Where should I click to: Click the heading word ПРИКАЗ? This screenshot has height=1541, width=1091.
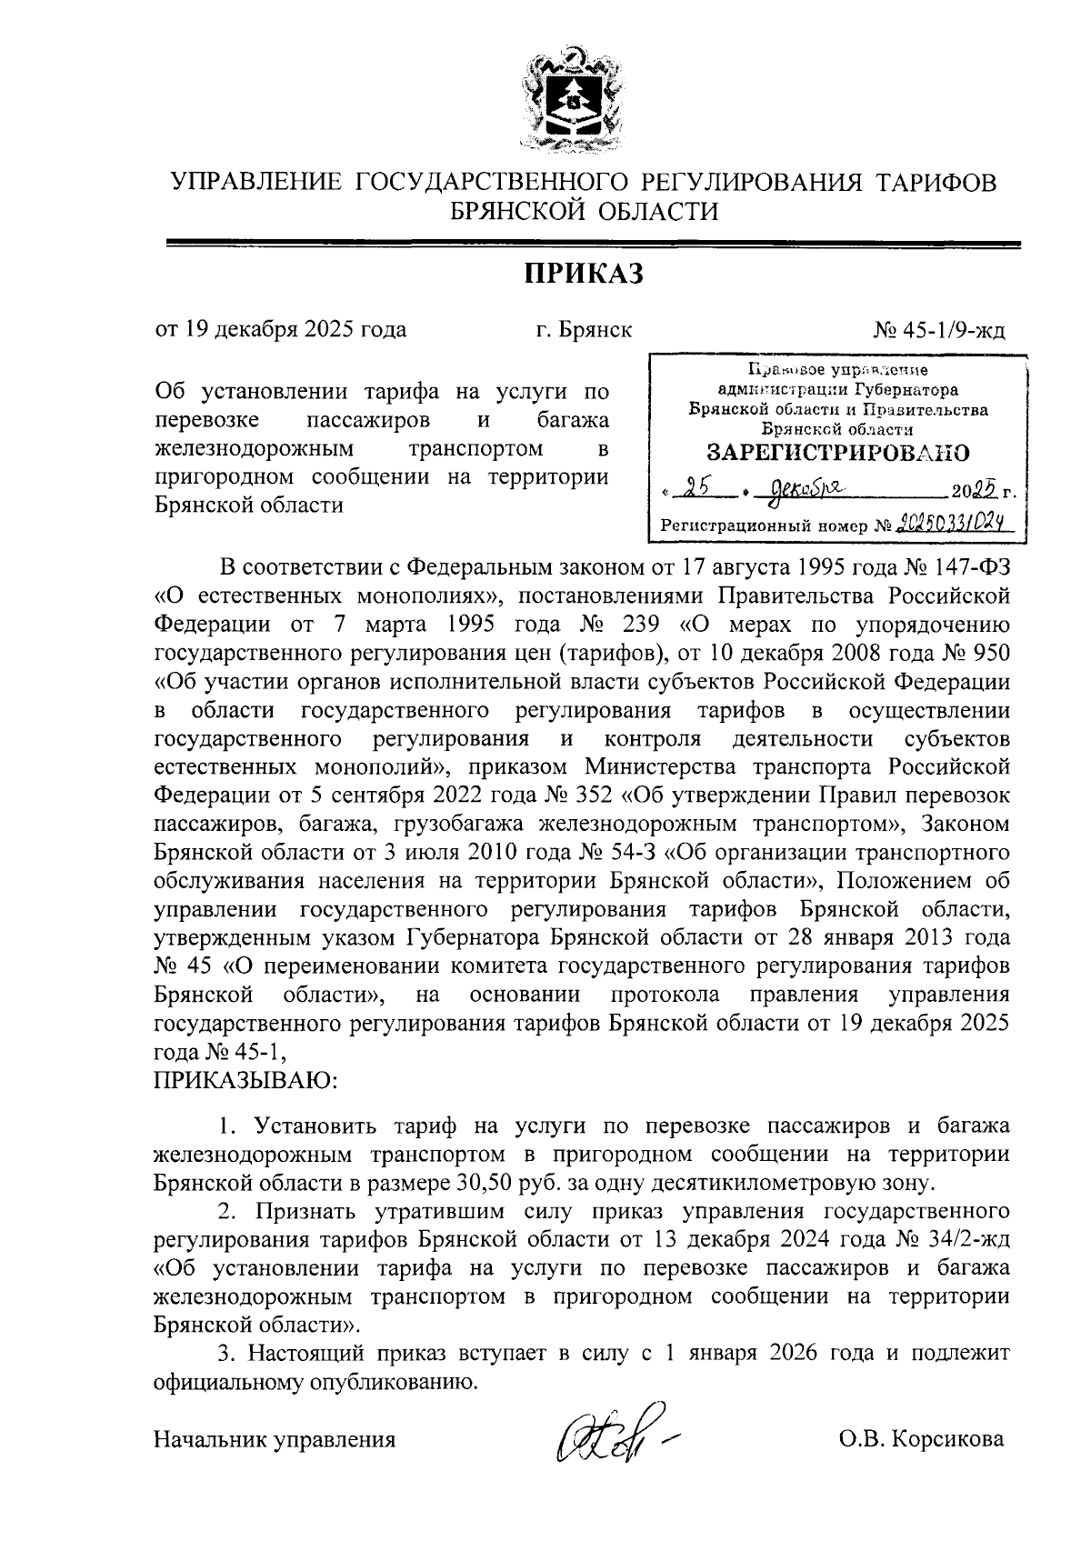tap(583, 272)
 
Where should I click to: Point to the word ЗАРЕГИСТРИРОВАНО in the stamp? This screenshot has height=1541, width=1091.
tap(837, 452)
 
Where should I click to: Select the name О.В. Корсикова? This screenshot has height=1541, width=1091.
tap(922, 1439)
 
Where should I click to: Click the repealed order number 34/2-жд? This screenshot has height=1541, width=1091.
tap(965, 1240)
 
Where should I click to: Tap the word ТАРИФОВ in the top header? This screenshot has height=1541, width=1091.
tap(937, 182)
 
